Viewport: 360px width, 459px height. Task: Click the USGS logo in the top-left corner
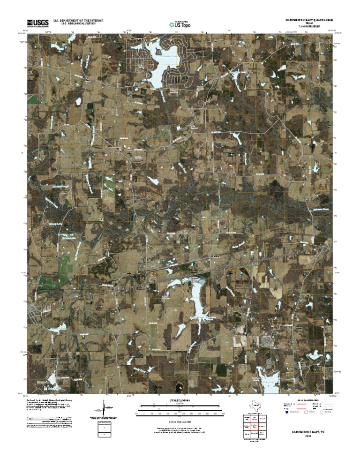pyautogui.click(x=37, y=22)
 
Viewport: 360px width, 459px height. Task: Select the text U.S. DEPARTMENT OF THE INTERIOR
pyautogui.click(x=78, y=21)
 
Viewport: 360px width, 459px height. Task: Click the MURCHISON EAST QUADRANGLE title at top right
pyautogui.click(x=307, y=21)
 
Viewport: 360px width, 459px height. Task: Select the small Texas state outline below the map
pyautogui.click(x=256, y=405)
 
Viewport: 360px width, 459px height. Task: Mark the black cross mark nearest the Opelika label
pyautogui.click(x=231, y=272)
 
